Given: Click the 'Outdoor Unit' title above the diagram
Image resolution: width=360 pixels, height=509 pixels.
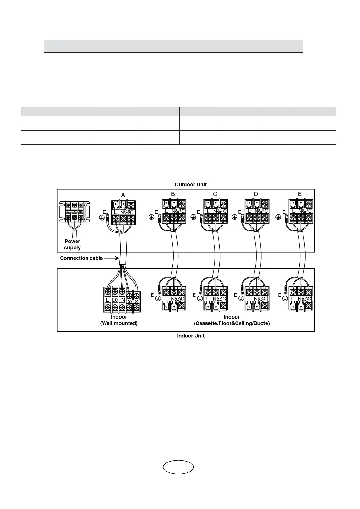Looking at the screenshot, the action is pyautogui.click(x=191, y=184).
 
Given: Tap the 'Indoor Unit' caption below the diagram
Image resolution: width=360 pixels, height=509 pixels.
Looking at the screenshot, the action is pyautogui.click(x=191, y=336).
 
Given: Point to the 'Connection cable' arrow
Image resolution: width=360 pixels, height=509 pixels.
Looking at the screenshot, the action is pyautogui.click(x=111, y=258).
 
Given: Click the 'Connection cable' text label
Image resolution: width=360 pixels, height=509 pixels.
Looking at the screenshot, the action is pyautogui.click(x=81, y=258).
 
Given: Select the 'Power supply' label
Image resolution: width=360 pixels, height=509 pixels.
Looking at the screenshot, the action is pyautogui.click(x=72, y=245).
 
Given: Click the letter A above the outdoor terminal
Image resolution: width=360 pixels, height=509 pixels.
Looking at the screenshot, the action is pyautogui.click(x=123, y=195).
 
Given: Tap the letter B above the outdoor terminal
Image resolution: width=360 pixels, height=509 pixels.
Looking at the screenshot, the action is pyautogui.click(x=173, y=194).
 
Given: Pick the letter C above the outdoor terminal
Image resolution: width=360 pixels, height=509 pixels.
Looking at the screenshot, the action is pyautogui.click(x=215, y=194).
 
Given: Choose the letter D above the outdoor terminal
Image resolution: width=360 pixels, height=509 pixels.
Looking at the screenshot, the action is pyautogui.click(x=256, y=194).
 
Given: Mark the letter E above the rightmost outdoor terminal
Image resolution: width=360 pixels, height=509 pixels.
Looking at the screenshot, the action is pyautogui.click(x=300, y=194).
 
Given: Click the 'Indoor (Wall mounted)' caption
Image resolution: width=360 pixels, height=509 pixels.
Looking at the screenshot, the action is pyautogui.click(x=119, y=320).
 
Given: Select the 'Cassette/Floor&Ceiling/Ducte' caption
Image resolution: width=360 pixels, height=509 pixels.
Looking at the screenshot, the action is pyautogui.click(x=232, y=323).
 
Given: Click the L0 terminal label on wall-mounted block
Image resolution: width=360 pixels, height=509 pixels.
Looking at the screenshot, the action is pyautogui.click(x=115, y=300).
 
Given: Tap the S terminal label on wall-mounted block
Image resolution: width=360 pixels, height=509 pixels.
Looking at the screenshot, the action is pyautogui.click(x=136, y=302).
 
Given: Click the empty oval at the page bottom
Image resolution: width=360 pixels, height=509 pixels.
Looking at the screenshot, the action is pyautogui.click(x=178, y=467).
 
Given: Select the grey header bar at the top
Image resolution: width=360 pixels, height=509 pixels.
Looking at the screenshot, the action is pyautogui.click(x=173, y=46).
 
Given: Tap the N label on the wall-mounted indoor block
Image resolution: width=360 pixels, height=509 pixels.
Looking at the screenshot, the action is pyautogui.click(x=123, y=300).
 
